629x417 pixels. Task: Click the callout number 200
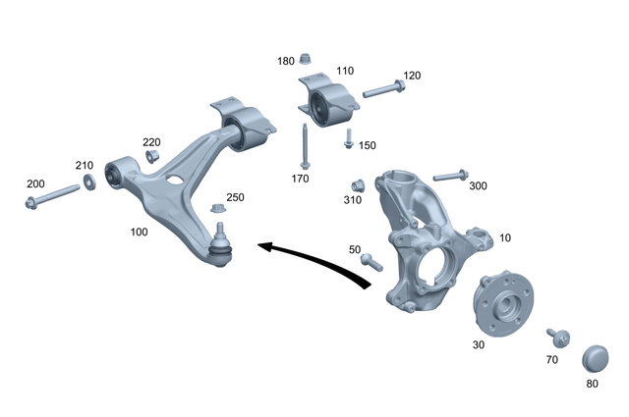tap(35, 184)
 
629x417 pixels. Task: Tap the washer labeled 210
tap(90, 182)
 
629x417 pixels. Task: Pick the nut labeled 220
tap(153, 157)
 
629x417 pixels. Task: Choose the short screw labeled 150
tap(348, 141)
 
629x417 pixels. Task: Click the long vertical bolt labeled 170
tap(306, 147)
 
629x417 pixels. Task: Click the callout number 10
tap(505, 237)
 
